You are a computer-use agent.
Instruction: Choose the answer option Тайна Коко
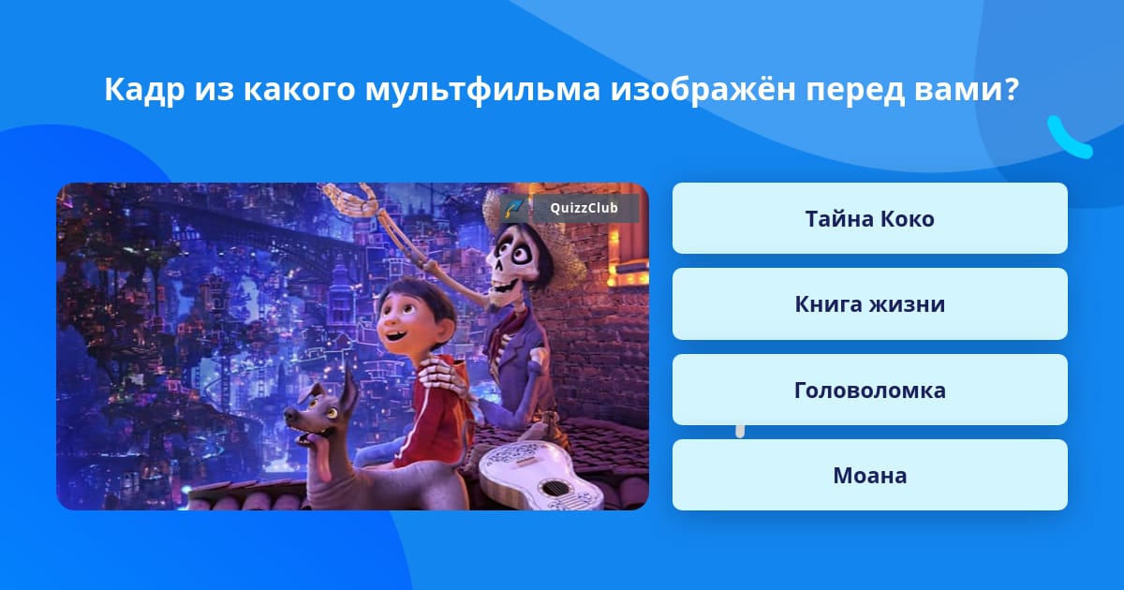(x=869, y=218)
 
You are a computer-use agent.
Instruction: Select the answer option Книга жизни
(x=869, y=304)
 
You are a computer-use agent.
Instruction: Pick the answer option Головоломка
(x=869, y=390)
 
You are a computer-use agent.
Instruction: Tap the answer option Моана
(x=869, y=475)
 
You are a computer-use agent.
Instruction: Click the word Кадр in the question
(x=144, y=90)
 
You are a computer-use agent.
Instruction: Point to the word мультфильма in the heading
(x=482, y=90)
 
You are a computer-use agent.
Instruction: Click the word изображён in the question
(x=703, y=89)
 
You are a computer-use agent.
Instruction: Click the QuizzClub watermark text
(x=584, y=208)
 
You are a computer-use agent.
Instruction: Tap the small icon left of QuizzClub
(x=514, y=208)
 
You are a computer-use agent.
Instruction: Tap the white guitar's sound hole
(x=554, y=487)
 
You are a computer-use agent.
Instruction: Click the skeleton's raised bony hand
(x=351, y=198)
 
